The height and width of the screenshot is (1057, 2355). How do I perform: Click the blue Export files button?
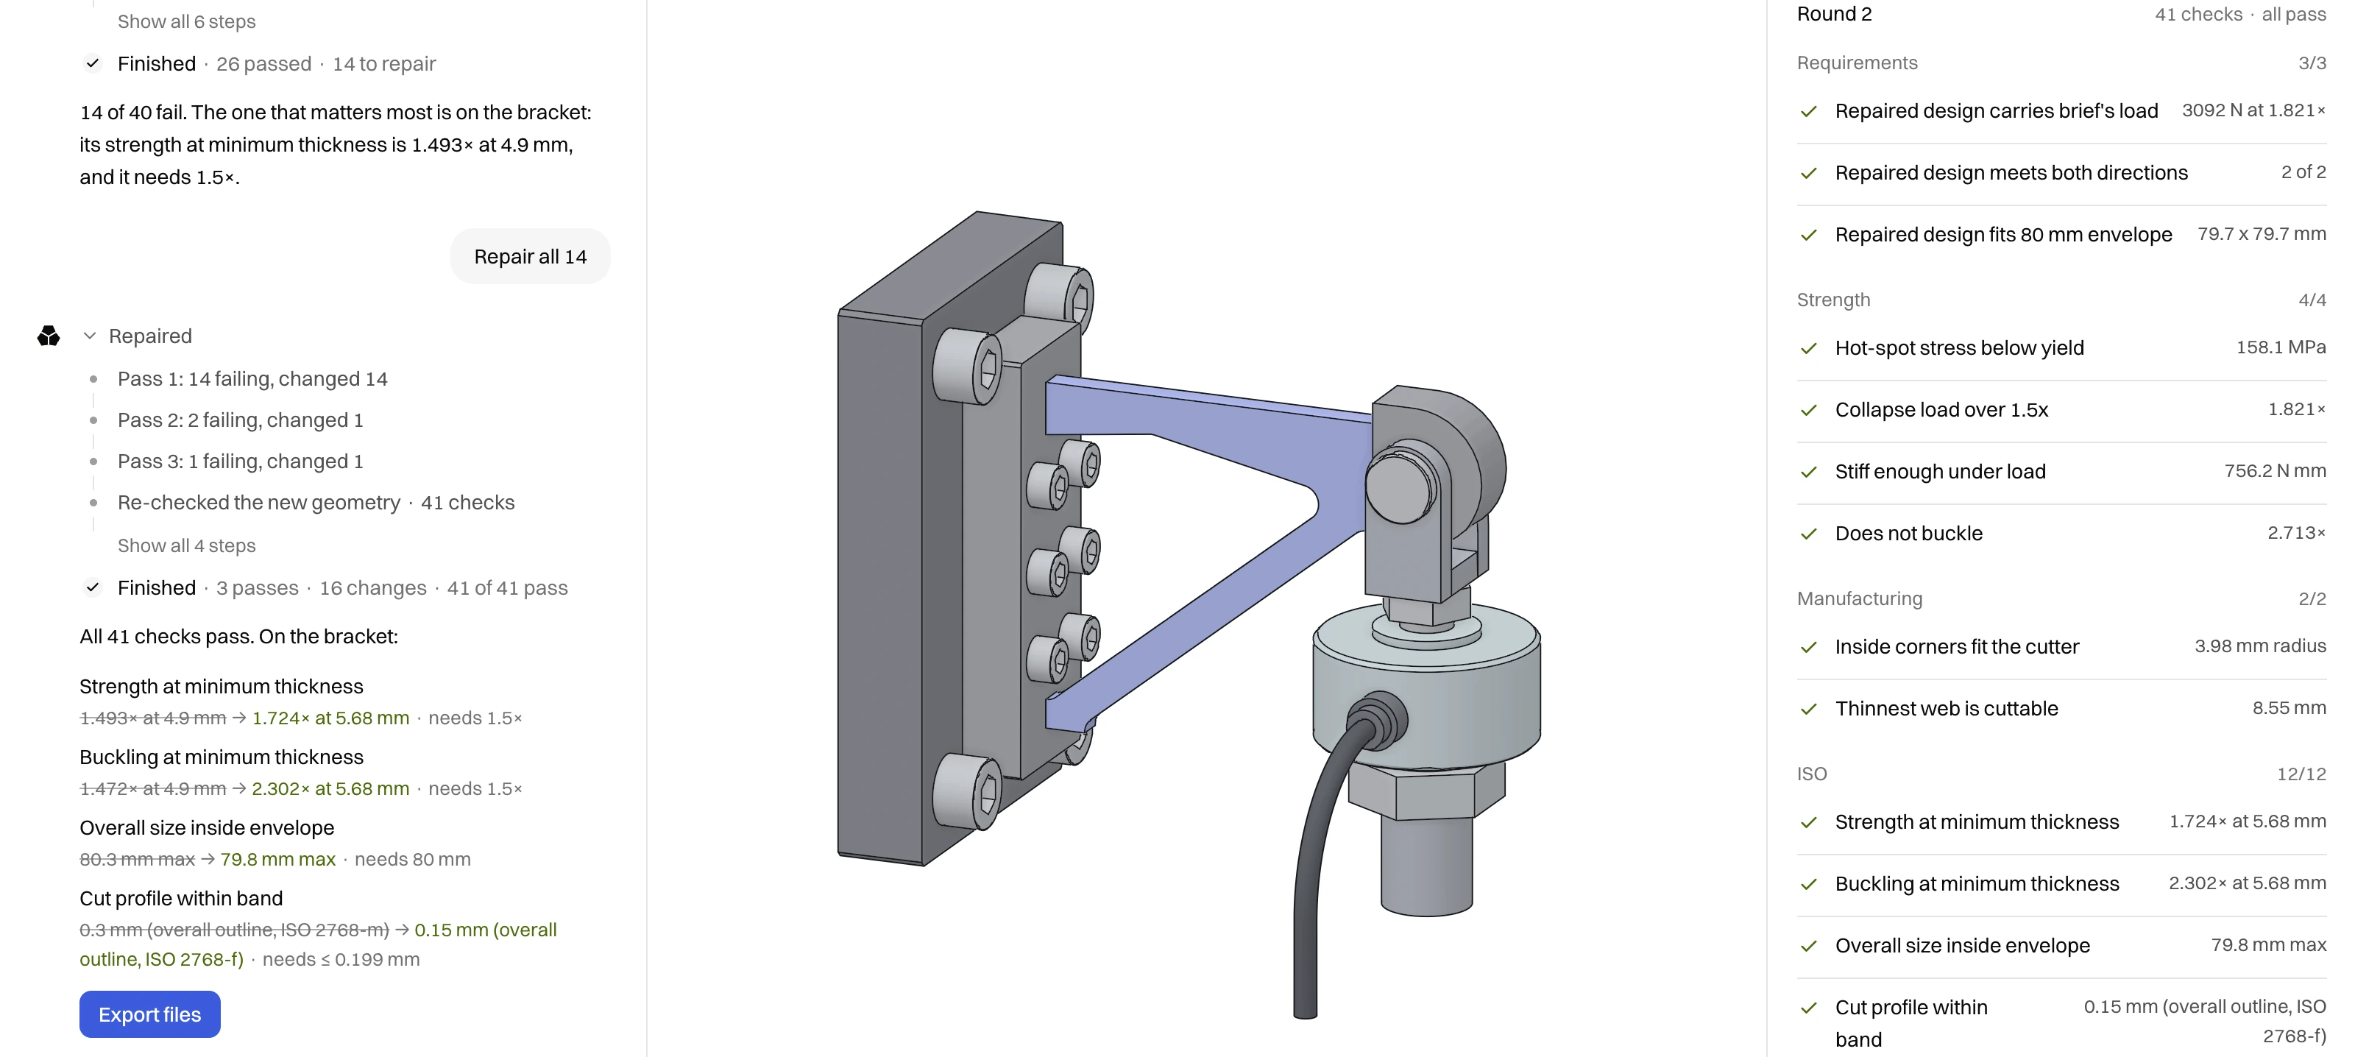[150, 1014]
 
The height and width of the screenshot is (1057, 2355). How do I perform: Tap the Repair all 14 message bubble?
[530, 257]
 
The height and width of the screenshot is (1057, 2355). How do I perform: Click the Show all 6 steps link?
[186, 21]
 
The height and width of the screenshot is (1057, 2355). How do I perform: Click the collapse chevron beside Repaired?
[90, 336]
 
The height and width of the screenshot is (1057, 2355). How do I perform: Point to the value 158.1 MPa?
[2281, 347]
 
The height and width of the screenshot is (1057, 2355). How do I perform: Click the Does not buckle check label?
[1909, 533]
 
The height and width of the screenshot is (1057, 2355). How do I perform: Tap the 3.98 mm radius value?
[2260, 646]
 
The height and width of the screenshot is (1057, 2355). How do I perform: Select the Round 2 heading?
[1834, 14]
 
